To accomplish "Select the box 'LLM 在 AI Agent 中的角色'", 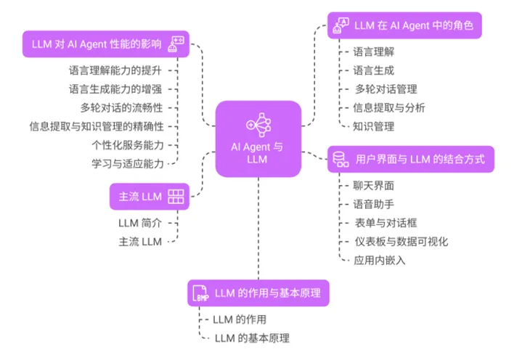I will [x=404, y=26].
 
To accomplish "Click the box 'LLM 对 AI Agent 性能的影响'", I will [x=105, y=44].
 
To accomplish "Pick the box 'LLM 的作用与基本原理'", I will [x=258, y=293].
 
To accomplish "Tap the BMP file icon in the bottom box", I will [x=200, y=294].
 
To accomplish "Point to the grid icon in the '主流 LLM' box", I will [x=176, y=196].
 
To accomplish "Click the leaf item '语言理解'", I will [x=374, y=52].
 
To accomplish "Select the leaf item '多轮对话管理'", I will [x=386, y=89].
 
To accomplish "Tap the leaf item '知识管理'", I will [x=374, y=126].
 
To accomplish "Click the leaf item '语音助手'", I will [x=374, y=204].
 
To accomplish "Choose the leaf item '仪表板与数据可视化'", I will [x=402, y=241].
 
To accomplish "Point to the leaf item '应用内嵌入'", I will [x=380, y=260].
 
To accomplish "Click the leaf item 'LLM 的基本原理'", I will [x=252, y=338].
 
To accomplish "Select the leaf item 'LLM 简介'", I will [x=140, y=222].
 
